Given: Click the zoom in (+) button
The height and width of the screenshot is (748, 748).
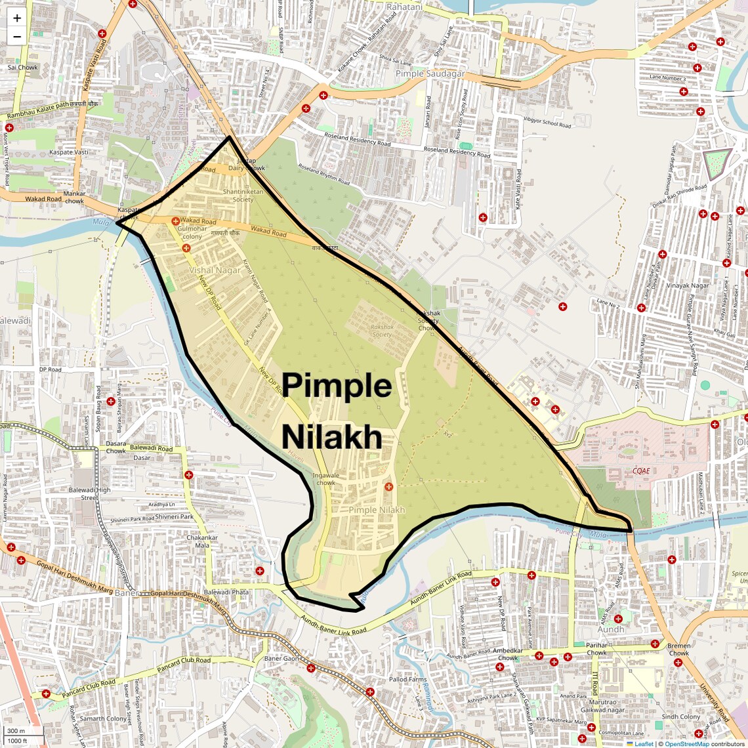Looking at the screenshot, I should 17,18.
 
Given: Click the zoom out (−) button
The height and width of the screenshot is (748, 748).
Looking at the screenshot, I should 17,37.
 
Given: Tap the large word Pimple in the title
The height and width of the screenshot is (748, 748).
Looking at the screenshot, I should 337,386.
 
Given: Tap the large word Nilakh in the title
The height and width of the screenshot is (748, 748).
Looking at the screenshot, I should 332,437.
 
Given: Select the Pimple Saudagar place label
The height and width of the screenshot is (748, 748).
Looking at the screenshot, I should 430,74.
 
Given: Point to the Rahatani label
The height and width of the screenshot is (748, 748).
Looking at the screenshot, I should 404,7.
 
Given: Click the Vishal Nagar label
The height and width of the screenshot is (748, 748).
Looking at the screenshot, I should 215,270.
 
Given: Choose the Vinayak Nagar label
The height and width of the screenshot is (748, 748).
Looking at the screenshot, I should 688,285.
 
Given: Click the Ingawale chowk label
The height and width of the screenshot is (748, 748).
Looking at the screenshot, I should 326,479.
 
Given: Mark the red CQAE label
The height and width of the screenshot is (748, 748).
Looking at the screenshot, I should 641,470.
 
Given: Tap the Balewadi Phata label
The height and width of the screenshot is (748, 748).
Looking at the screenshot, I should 226,592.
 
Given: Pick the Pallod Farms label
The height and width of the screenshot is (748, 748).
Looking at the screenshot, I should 408,680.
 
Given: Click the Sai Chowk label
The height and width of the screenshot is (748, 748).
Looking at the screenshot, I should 23,68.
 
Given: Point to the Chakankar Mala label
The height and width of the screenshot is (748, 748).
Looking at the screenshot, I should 202,541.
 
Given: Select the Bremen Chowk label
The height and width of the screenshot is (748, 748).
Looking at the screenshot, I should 679,649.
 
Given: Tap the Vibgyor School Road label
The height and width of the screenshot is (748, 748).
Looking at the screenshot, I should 547,123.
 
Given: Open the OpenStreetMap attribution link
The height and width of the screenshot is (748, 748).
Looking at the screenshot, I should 687,743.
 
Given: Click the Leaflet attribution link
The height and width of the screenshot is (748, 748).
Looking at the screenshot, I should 644,743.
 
